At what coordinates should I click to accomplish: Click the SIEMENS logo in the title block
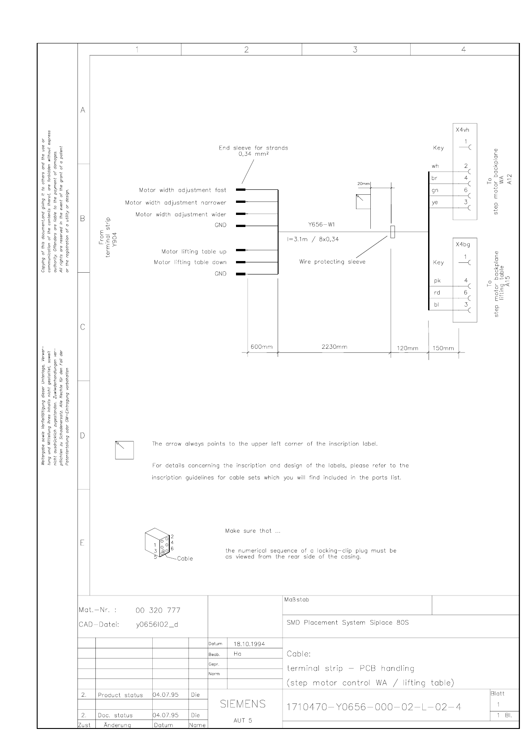243,704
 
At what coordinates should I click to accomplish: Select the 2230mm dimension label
334,347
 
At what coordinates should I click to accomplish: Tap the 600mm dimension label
261,347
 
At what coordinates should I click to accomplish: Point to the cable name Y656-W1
321,225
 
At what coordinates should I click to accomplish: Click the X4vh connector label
463,130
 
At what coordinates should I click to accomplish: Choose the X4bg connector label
463,245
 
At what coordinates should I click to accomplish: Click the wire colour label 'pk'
438,281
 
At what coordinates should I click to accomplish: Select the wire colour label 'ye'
435,202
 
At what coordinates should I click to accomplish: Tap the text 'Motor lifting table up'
194,252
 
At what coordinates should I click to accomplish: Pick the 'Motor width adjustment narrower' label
176,203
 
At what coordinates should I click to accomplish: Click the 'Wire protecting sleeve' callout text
332,262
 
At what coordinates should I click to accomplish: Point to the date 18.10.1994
249,644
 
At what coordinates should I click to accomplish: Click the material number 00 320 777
158,610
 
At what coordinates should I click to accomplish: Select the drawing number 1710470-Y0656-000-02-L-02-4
374,707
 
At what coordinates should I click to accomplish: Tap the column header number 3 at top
355,50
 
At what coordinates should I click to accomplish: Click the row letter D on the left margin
82,436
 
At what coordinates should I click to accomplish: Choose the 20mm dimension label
364,184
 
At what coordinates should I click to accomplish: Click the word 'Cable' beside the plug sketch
185,559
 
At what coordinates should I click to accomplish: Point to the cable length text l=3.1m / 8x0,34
313,239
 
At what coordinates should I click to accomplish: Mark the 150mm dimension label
443,348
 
